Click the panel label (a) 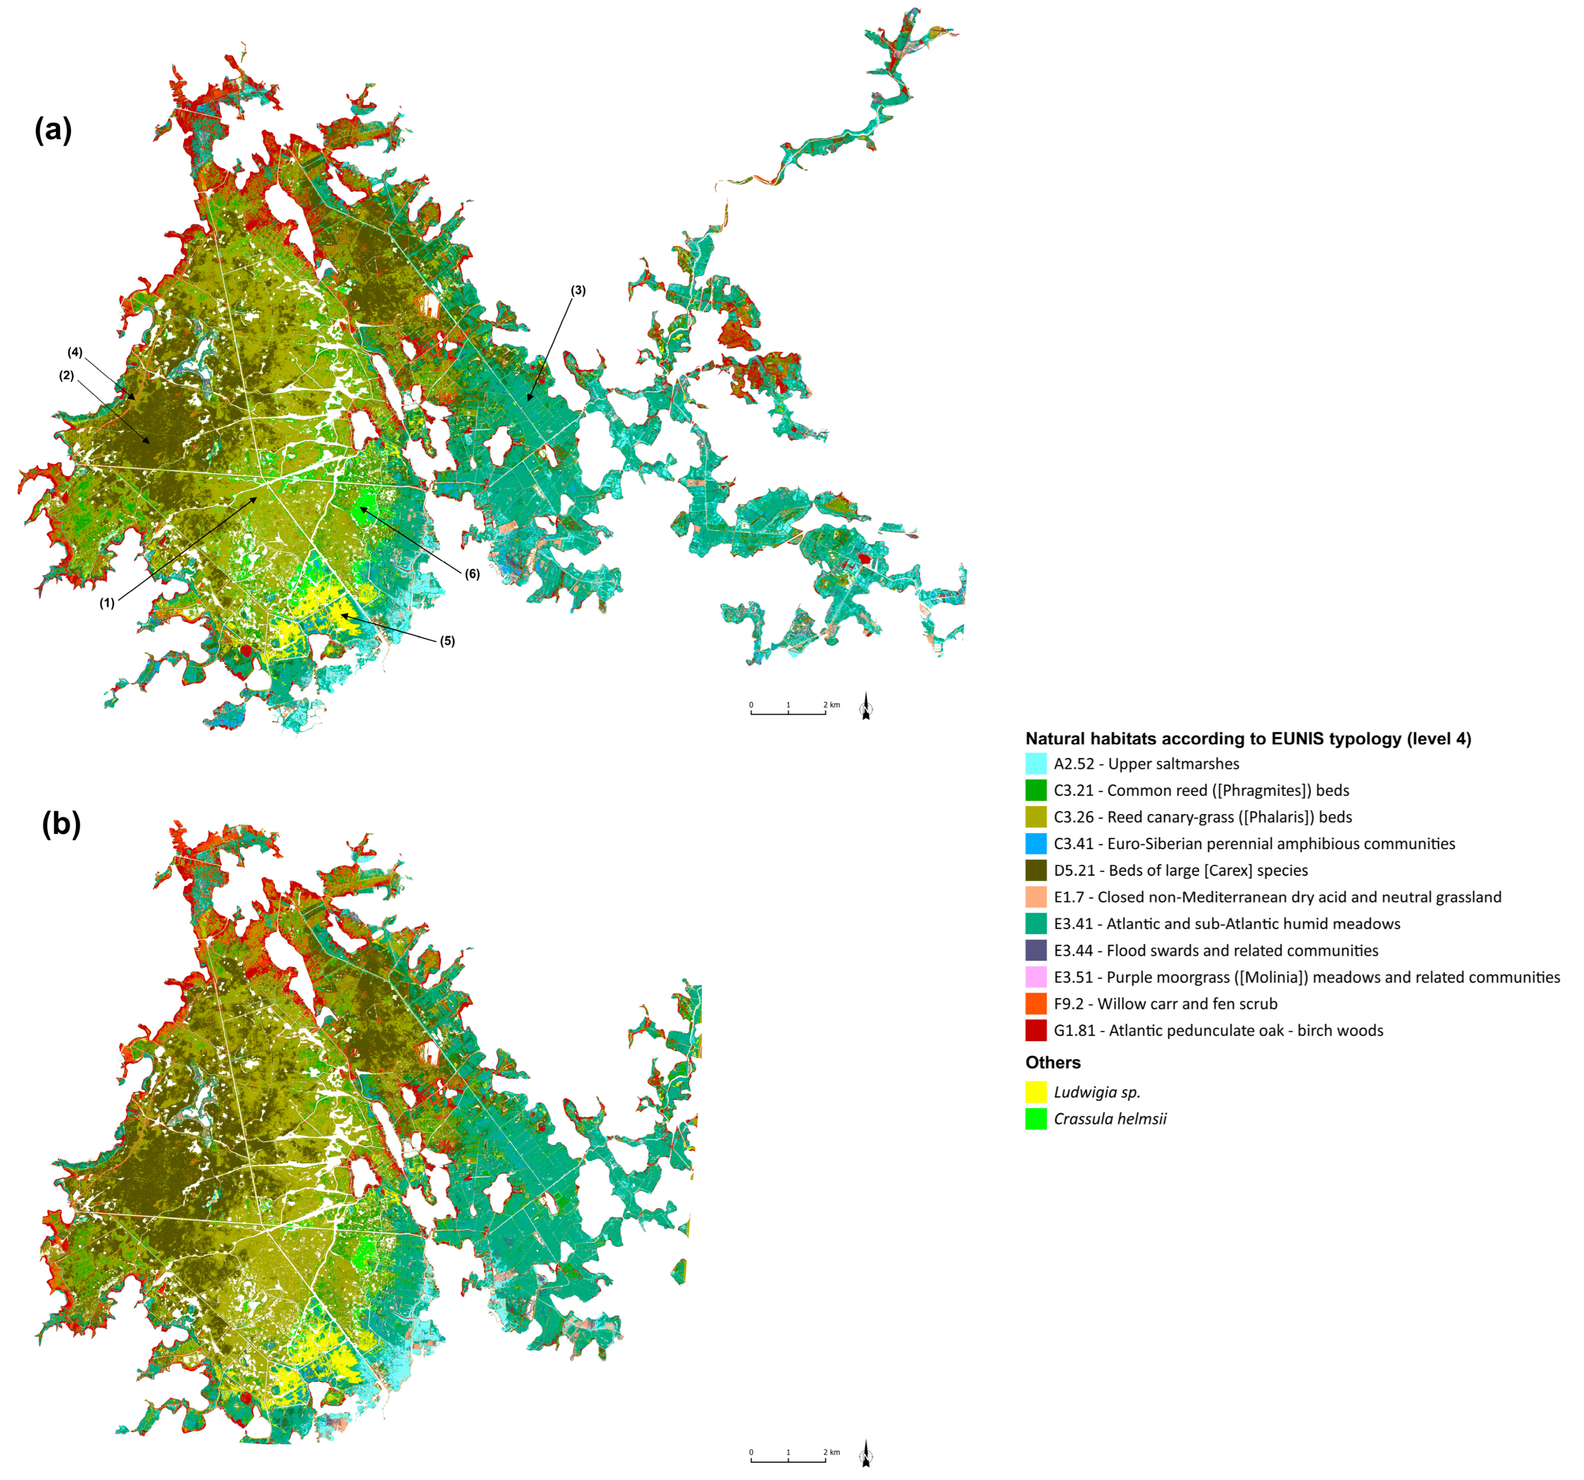point(53,129)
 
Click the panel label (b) point(61,824)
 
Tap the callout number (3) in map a point(578,291)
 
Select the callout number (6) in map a point(472,574)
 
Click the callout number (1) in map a point(107,603)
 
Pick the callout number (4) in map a point(75,352)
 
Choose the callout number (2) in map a point(66,375)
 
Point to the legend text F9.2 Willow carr point(1165,1003)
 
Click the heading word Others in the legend point(1052,1063)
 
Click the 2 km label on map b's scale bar point(831,1452)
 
